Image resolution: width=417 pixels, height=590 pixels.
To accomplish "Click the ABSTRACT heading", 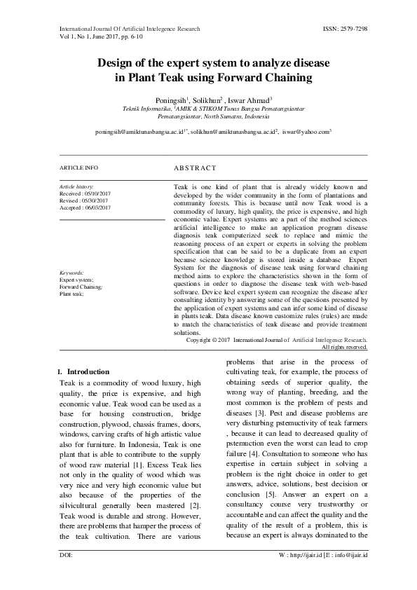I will coord(194,168).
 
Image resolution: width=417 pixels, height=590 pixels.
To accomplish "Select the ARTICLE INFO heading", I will coord(78,168).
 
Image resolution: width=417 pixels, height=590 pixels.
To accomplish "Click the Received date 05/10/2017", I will coord(102,193).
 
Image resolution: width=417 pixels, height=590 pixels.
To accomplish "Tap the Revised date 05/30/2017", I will coord(100,200).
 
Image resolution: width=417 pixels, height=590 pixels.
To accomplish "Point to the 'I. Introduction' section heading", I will coord(83,371).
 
